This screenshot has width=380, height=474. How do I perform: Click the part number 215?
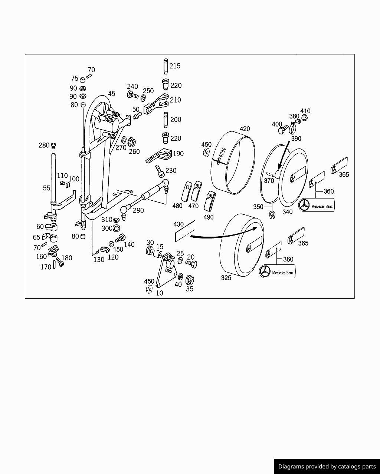pyautogui.click(x=175, y=66)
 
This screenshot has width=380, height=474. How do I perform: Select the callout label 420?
pyautogui.click(x=245, y=129)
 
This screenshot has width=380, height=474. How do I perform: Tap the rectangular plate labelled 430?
pyautogui.click(x=184, y=231)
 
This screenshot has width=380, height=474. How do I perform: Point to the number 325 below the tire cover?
pyautogui.click(x=226, y=278)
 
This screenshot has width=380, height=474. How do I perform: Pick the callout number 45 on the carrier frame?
pyautogui.click(x=111, y=94)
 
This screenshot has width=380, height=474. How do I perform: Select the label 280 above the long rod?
pyautogui.click(x=44, y=145)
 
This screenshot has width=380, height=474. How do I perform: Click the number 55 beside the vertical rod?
pyautogui.click(x=46, y=188)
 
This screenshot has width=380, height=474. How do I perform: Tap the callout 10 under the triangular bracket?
pyautogui.click(x=160, y=293)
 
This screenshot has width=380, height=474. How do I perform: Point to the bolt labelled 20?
pyautogui.click(x=191, y=264)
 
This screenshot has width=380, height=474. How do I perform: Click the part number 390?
pyautogui.click(x=296, y=138)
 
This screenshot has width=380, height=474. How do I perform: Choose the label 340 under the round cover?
pyautogui.click(x=287, y=212)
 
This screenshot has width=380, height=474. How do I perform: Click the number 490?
pyautogui.click(x=209, y=217)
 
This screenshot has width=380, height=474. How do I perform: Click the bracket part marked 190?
pyautogui.click(x=160, y=156)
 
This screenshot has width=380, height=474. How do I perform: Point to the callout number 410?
pyautogui.click(x=305, y=111)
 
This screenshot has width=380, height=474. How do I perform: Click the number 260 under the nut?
pyautogui.click(x=134, y=151)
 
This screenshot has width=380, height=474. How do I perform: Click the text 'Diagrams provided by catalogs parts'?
pyautogui.click(x=327, y=467)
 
